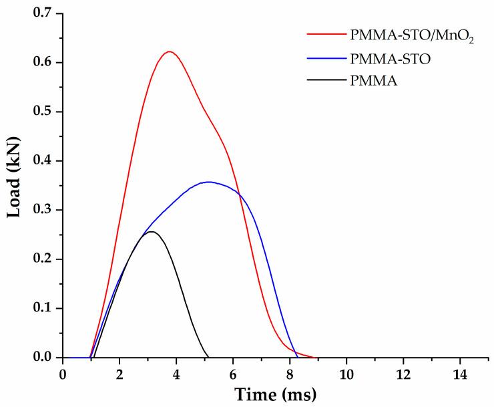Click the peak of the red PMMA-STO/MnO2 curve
coord(170,51)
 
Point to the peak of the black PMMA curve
coord(152,232)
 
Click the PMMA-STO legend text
coord(390,59)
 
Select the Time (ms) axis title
coord(276,394)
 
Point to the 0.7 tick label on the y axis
coord(42,13)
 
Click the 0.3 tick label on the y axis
coord(42,210)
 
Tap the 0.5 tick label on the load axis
coord(42,112)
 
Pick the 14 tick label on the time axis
coord(459,372)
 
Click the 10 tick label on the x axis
coord(346,372)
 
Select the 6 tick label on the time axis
coord(233,372)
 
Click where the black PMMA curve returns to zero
coord(209,357)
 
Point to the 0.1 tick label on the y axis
coord(42,308)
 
